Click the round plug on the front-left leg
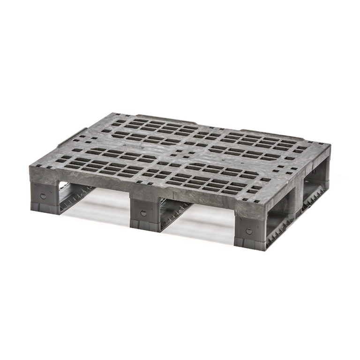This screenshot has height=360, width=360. tap(44, 196)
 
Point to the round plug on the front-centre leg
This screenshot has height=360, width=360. tap(143, 213)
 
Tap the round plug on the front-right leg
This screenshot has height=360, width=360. tap(249, 231)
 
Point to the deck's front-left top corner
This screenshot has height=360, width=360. tap(30, 165)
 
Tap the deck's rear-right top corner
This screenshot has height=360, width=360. tap(330, 146)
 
